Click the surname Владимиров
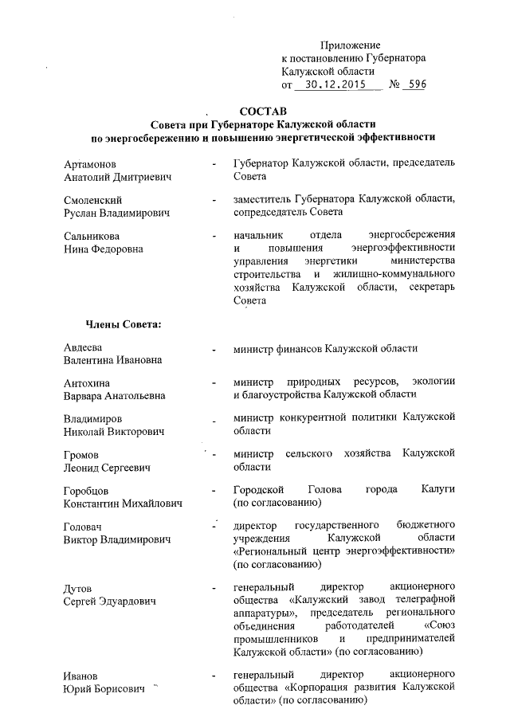[93, 418]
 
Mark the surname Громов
[81, 454]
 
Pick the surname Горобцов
[89, 490]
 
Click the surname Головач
[85, 527]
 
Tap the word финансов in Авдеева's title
[296, 348]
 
